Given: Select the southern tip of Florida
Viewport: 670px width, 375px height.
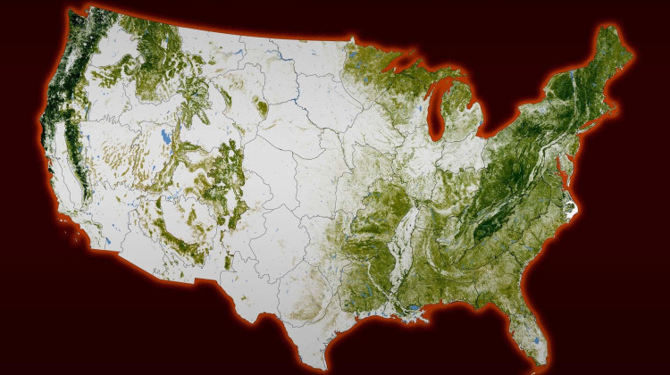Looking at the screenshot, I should tap(539, 366).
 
